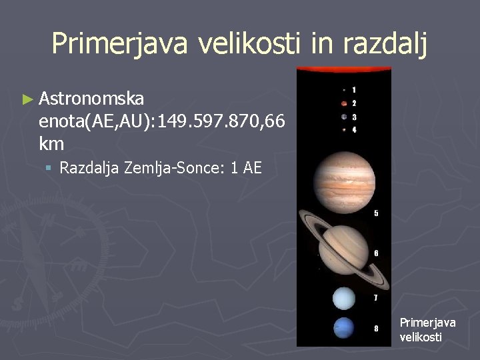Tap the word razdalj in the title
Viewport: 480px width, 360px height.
[383, 43]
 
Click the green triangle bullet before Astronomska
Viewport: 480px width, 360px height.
[27, 99]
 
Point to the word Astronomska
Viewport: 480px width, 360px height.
[91, 99]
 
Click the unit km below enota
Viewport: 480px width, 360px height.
[51, 143]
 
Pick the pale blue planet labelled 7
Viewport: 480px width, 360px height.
[343, 298]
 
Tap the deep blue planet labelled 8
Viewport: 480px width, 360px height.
[343, 328]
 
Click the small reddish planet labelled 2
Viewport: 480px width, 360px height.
[343, 103]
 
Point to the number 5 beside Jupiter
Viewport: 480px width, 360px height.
[376, 213]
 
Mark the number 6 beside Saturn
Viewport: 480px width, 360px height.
[376, 253]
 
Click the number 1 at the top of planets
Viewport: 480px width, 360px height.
[354, 89]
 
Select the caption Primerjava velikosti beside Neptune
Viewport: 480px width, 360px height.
[427, 329]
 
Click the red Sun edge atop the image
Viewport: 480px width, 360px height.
[343, 69]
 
